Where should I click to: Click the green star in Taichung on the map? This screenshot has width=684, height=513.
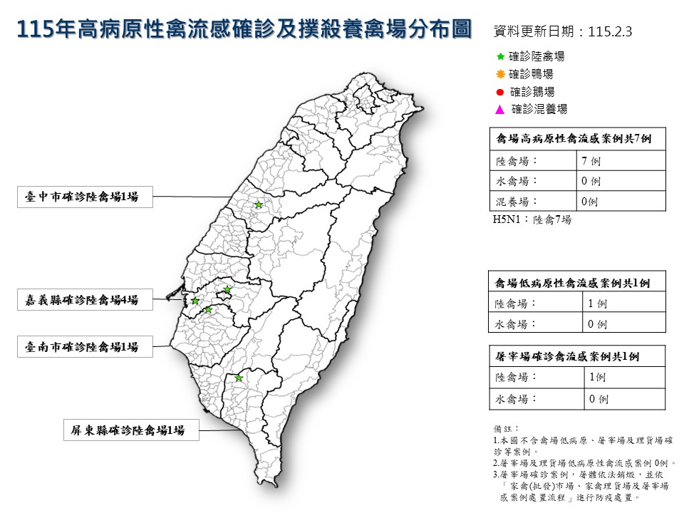[259, 205]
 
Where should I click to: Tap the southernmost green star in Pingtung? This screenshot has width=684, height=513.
[239, 378]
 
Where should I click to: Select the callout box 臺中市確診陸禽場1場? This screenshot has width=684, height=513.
[86, 197]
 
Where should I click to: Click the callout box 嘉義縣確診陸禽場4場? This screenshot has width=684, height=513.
[86, 300]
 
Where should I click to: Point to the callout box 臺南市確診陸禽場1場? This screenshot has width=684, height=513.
[86, 347]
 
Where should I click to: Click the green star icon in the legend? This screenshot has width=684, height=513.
[500, 56]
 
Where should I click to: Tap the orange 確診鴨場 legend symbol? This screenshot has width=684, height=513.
[500, 74]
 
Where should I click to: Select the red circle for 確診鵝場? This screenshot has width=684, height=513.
[500, 92]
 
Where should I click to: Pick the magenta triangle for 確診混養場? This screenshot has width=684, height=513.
[500, 110]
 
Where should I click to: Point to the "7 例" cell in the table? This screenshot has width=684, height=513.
[591, 161]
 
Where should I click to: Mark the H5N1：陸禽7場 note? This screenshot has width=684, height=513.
[532, 220]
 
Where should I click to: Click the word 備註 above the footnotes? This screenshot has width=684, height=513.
[502, 429]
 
